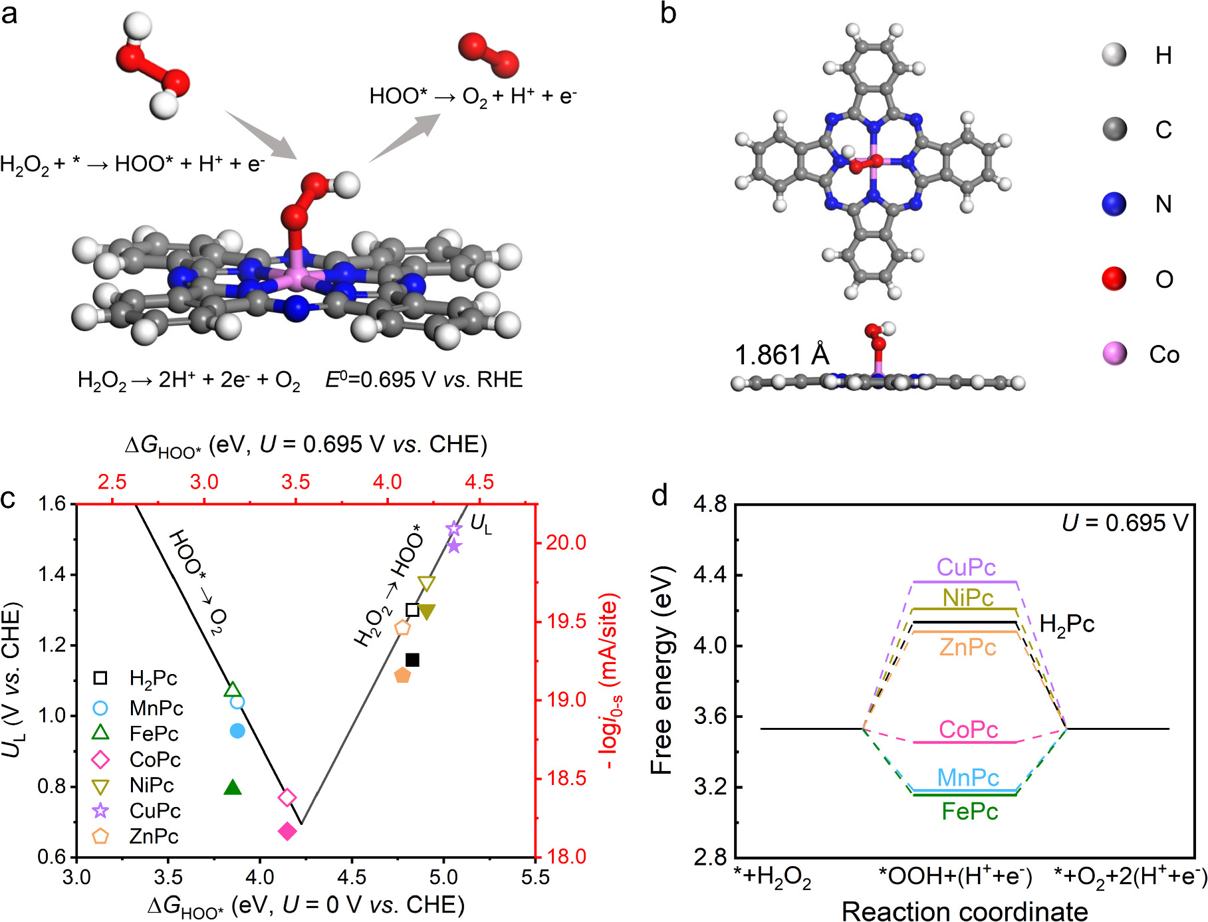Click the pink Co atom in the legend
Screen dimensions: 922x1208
coord(1115,354)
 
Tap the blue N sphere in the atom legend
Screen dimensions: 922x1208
coord(1114,204)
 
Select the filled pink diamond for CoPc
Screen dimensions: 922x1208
coord(287,831)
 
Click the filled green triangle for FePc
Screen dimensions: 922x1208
coord(233,788)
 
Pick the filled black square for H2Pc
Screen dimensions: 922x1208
coord(412,660)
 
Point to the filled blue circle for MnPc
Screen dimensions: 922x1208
coord(237,731)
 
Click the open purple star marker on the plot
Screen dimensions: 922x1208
coord(454,529)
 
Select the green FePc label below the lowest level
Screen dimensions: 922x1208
coord(970,812)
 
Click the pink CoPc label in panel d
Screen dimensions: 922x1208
coord(968,730)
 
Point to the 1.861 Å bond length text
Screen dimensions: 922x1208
coord(782,355)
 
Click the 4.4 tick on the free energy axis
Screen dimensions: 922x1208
coord(710,575)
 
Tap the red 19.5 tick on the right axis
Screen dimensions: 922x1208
coord(566,621)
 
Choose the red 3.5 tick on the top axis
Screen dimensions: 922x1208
coord(295,482)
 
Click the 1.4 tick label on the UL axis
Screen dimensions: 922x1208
coord(52,574)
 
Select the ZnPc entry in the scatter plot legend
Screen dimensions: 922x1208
coord(154,836)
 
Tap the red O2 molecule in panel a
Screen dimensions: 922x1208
coord(489,55)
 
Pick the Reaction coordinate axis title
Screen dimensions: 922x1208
coord(965,911)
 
